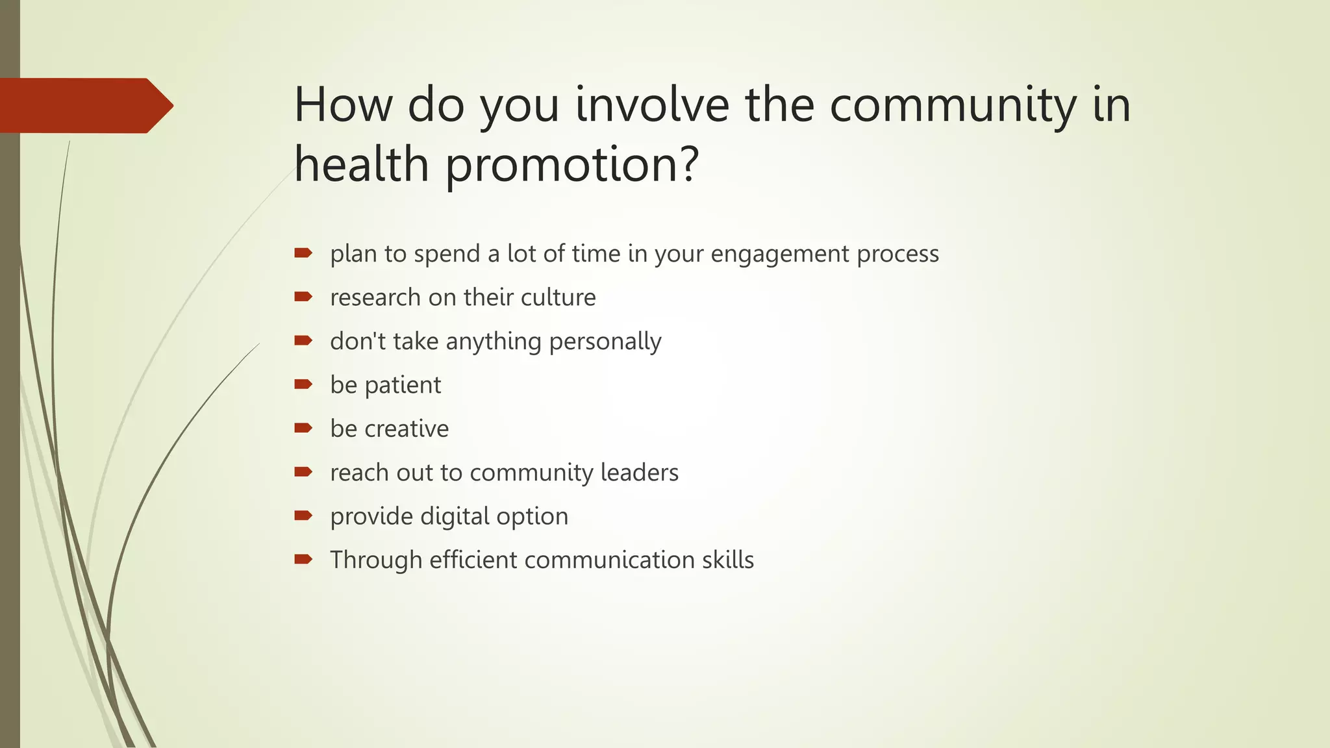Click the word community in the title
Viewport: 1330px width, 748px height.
pyautogui.click(x=953, y=105)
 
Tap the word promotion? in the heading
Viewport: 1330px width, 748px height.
pyautogui.click(x=571, y=165)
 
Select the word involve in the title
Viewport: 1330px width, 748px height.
pyautogui.click(x=652, y=105)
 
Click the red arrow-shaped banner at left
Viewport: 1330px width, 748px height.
pyautogui.click(x=84, y=106)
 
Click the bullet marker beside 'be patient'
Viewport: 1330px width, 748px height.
pyautogui.click(x=303, y=384)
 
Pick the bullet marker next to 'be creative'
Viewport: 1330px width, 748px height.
pyautogui.click(x=303, y=428)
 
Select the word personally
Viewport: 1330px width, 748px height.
pyautogui.click(x=605, y=342)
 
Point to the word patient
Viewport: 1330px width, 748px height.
pyautogui.click(x=403, y=386)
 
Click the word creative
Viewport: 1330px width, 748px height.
pyautogui.click(x=407, y=429)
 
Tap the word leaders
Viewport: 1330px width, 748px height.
pyautogui.click(x=639, y=473)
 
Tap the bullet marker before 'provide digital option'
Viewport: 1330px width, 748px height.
pyautogui.click(x=303, y=516)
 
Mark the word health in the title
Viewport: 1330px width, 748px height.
pyautogui.click(x=361, y=165)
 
